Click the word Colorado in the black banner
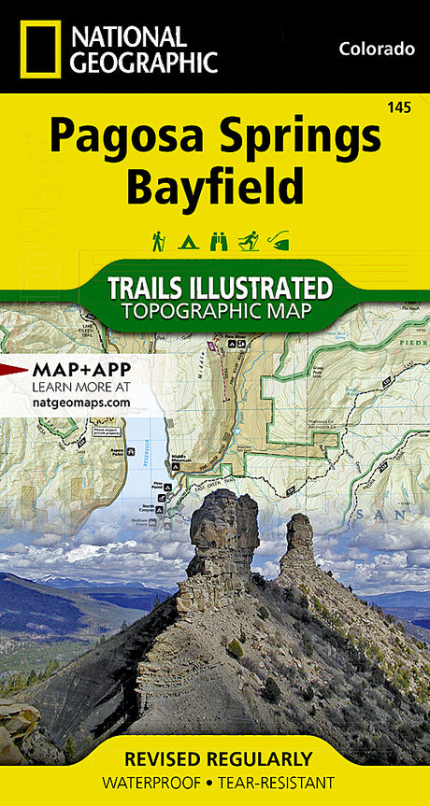[377, 49]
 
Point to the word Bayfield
[215, 187]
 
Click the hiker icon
[159, 241]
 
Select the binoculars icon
[219, 241]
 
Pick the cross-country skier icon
[249, 241]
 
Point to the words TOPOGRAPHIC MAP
[220, 308]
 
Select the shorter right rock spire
[299, 542]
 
